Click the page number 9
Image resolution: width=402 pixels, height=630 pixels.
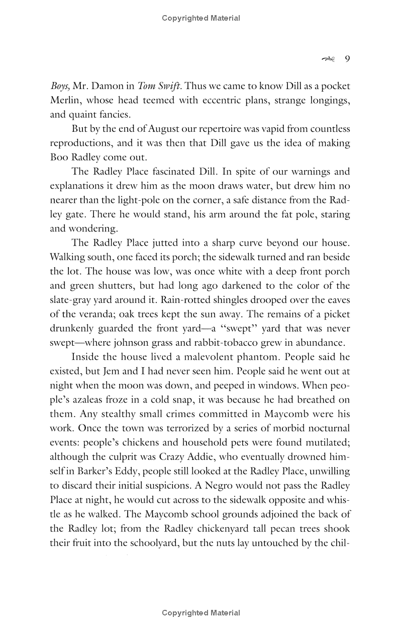coord(347,59)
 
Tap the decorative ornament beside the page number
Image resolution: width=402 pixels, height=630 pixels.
coord(328,59)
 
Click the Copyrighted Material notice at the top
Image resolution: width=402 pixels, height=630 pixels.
coord(201,18)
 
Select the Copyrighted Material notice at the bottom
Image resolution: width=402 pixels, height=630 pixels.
coord(201,613)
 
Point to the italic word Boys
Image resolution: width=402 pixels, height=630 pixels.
coord(60,86)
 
